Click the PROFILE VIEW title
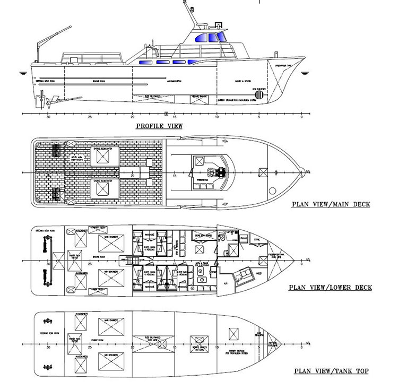click(x=159, y=126)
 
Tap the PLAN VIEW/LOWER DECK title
click(x=330, y=288)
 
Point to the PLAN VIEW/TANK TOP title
click(x=332, y=371)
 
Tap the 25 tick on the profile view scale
click(x=90, y=114)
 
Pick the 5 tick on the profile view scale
click(x=259, y=114)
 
